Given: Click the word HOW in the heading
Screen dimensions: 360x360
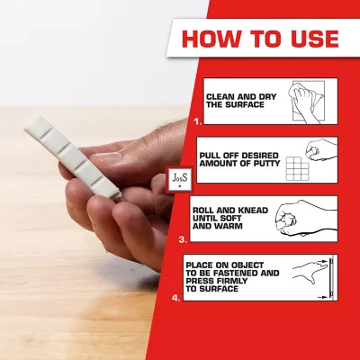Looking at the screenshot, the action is pyautogui.click(x=211, y=39).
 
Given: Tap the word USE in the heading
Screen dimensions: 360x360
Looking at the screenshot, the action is pyautogui.click(x=311, y=39).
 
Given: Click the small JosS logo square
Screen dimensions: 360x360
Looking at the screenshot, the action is pyautogui.click(x=180, y=180).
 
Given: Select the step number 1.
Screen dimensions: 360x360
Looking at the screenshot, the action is pyautogui.click(x=198, y=121).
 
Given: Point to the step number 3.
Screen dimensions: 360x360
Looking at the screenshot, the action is pyautogui.click(x=183, y=239).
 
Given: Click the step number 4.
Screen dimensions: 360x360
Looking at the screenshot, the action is pyautogui.click(x=176, y=298).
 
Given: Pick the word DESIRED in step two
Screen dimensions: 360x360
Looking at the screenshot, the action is pyautogui.click(x=260, y=156).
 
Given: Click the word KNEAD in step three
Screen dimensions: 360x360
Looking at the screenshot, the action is pyautogui.click(x=253, y=211).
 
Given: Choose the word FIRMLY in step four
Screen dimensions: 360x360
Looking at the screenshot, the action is pyautogui.click(x=231, y=281).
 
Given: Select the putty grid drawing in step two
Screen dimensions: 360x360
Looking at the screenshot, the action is pyautogui.click(x=297, y=168).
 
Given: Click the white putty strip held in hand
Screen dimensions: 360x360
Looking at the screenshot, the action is pyautogui.click(x=73, y=158).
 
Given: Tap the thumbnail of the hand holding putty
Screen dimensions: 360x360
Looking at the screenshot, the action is pyautogui.click(x=105, y=156).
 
